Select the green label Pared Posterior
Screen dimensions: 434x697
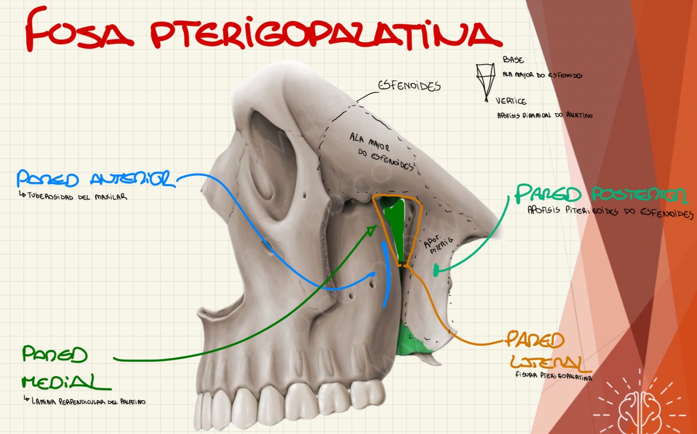click(x=601, y=194)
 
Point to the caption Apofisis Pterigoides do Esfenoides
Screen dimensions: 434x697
click(x=610, y=213)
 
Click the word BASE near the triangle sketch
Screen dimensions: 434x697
click(x=513, y=61)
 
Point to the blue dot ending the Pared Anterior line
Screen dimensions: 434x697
click(x=373, y=274)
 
